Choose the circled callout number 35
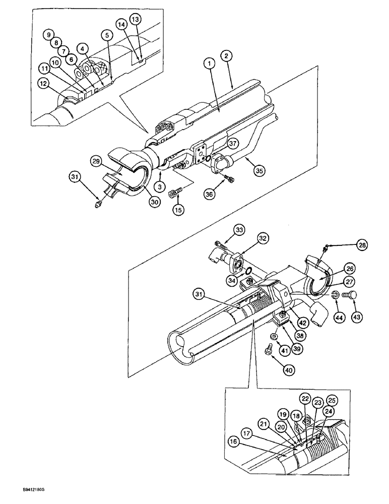click(259, 171)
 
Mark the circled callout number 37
click(232, 143)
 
